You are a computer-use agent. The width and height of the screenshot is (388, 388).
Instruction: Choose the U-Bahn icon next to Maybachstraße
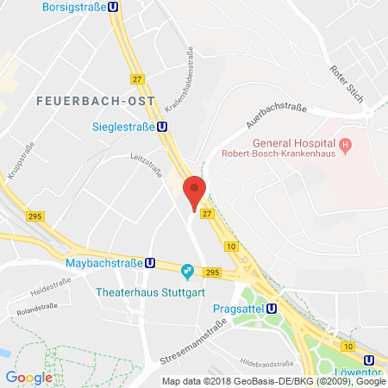[151, 262]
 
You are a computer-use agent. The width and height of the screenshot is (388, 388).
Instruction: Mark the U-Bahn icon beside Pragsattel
[272, 307]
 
